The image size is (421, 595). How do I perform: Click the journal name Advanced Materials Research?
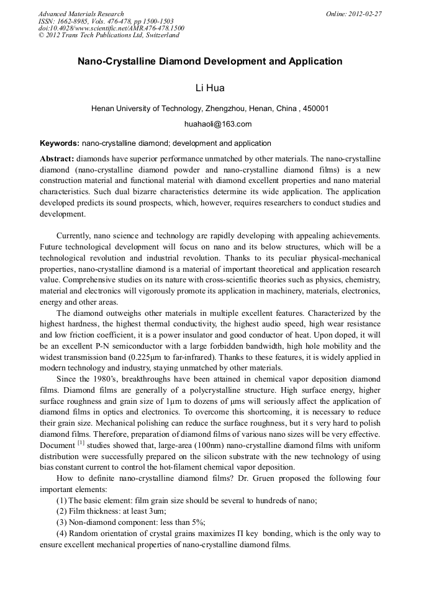(81, 14)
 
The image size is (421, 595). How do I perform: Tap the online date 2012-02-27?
(365, 14)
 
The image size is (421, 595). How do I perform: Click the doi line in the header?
(111, 28)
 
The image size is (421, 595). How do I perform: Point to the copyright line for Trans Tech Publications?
(109, 35)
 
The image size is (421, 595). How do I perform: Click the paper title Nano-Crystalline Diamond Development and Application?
(210, 61)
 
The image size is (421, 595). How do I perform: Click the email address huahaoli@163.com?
(210, 124)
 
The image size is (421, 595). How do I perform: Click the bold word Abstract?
(57, 159)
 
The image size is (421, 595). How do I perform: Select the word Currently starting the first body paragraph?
(73, 236)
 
